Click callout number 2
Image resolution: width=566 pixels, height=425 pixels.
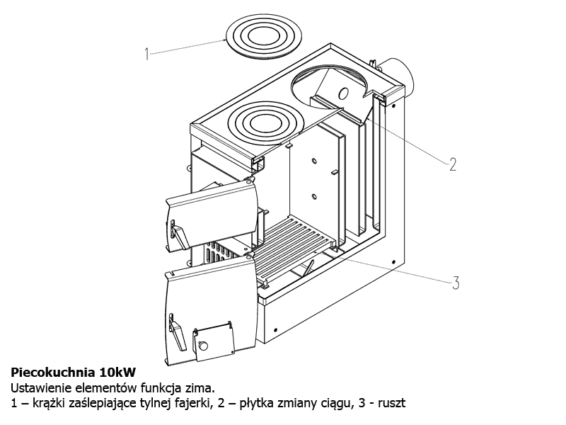click(453, 164)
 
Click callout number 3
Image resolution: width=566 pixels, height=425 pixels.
click(455, 283)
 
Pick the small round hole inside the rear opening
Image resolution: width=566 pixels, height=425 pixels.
click(344, 93)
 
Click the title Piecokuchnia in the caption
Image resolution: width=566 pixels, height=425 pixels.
click(53, 371)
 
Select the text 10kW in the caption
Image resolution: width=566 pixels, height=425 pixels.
click(117, 371)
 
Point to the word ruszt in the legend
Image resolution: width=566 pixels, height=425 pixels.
click(391, 404)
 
